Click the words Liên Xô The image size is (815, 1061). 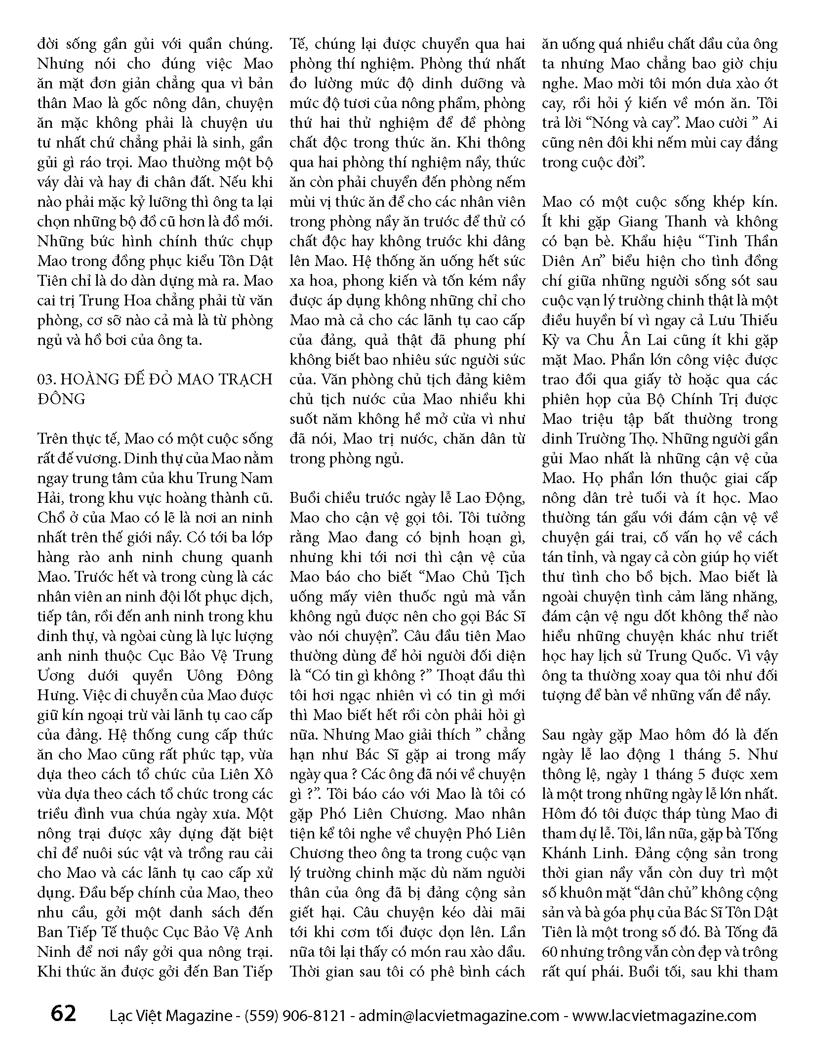(244, 774)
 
